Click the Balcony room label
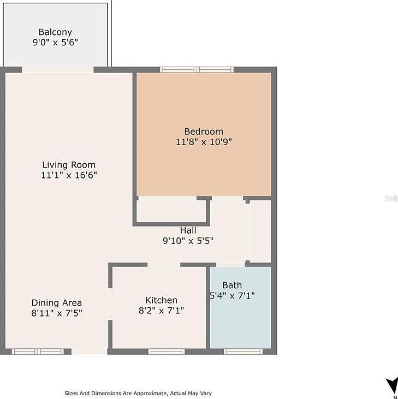click(x=55, y=32)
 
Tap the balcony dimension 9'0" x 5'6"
click(x=55, y=42)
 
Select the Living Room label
click(x=69, y=165)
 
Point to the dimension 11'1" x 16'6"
click(x=69, y=175)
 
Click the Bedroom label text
click(x=204, y=132)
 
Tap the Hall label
click(x=188, y=230)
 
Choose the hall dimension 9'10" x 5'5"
click(x=188, y=241)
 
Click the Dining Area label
click(x=57, y=303)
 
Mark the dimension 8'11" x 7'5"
click(x=57, y=313)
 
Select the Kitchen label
click(x=161, y=300)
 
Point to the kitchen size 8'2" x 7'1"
click(x=161, y=311)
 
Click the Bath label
click(x=232, y=285)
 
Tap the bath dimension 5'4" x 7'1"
click(x=233, y=296)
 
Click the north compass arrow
click(x=391, y=384)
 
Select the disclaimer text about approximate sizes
click(x=138, y=393)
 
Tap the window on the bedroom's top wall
click(x=197, y=69)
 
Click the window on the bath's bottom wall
click(x=243, y=352)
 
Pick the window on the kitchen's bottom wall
click(x=167, y=352)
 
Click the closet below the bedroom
click(x=171, y=211)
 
